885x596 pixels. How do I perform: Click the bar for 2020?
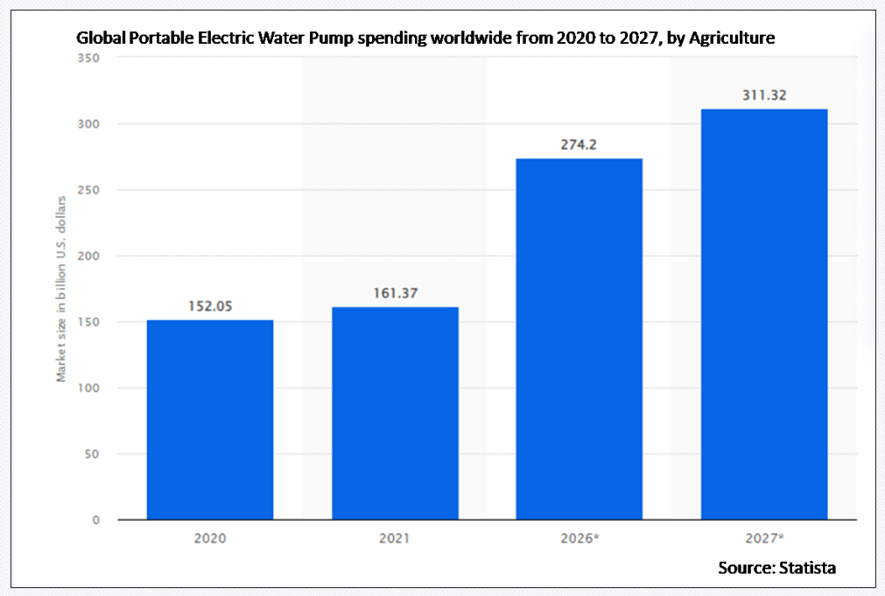tap(210, 419)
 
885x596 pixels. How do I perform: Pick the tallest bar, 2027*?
tap(764, 314)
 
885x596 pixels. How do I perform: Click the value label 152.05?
tap(210, 306)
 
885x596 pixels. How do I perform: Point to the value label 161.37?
tap(395, 293)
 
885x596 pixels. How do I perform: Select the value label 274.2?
tap(579, 144)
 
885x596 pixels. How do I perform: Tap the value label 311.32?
tap(764, 95)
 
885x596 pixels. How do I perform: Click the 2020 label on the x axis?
tap(210, 538)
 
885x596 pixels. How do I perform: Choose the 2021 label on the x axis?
tap(395, 538)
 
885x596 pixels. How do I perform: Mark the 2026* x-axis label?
tap(580, 538)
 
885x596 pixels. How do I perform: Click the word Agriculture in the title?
tap(732, 39)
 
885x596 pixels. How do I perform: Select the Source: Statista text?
tap(776, 568)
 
